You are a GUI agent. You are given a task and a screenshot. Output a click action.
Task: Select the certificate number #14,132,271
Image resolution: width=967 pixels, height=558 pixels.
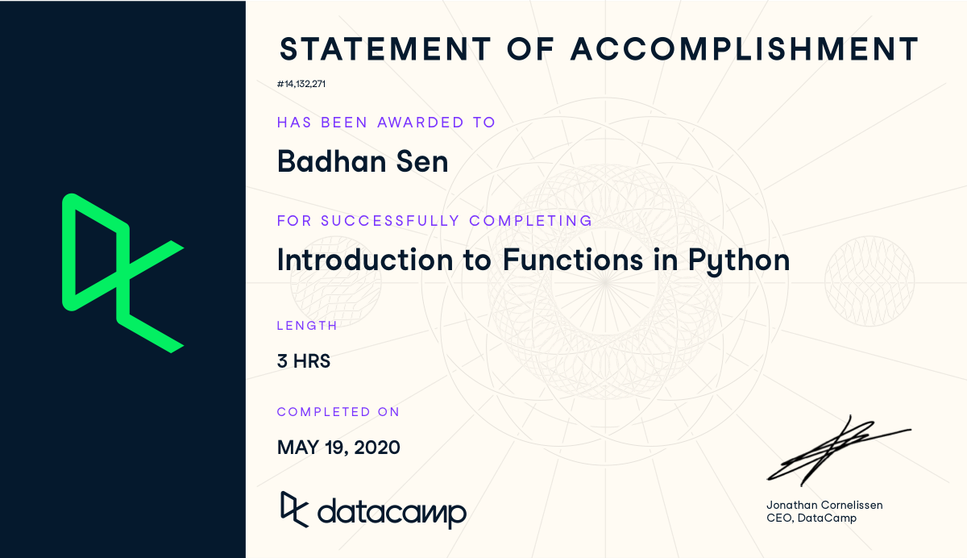(301, 83)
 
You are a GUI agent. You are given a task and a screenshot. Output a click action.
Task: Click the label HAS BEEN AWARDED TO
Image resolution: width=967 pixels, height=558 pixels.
(386, 123)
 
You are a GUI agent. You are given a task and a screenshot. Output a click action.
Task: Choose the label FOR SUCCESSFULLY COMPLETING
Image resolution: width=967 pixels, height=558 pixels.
(434, 220)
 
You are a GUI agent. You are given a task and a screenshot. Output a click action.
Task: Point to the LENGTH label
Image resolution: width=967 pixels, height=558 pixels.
(307, 326)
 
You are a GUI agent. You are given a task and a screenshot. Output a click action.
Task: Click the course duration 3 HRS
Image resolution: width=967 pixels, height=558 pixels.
(304, 361)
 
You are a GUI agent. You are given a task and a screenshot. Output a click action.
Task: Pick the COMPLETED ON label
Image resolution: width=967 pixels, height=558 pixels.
(338, 412)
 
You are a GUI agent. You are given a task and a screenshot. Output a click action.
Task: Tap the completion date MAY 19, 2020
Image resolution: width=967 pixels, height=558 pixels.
(338, 447)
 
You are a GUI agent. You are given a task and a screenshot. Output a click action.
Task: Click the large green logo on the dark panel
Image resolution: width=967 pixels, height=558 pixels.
(122, 273)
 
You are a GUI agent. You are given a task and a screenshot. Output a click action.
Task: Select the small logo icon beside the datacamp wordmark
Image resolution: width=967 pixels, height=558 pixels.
(293, 507)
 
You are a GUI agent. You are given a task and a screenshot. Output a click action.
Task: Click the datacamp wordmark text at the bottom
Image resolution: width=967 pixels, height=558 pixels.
(392, 512)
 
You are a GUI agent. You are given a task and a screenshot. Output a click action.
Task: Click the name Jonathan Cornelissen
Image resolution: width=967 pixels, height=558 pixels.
(824, 505)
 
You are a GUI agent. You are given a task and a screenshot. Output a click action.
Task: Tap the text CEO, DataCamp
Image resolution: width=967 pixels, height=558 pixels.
(811, 518)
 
